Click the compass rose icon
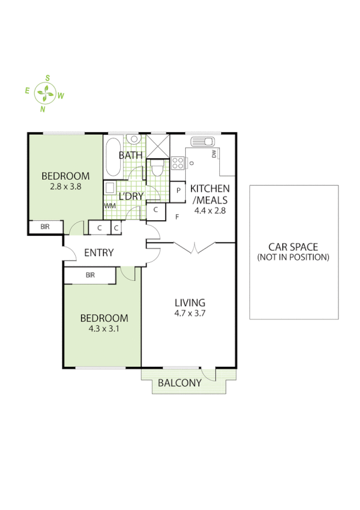46,93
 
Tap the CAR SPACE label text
294,247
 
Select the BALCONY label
179,383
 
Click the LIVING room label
190,303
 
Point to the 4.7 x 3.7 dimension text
190,313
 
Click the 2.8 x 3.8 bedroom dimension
65,186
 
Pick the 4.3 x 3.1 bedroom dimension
105,328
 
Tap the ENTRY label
99,253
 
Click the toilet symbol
157,168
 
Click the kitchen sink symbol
203,143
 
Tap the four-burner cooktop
178,162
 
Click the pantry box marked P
178,190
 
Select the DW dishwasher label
214,155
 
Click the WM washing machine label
109,206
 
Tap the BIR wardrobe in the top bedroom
45,227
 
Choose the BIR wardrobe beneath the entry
90,275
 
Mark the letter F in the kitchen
177,217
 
